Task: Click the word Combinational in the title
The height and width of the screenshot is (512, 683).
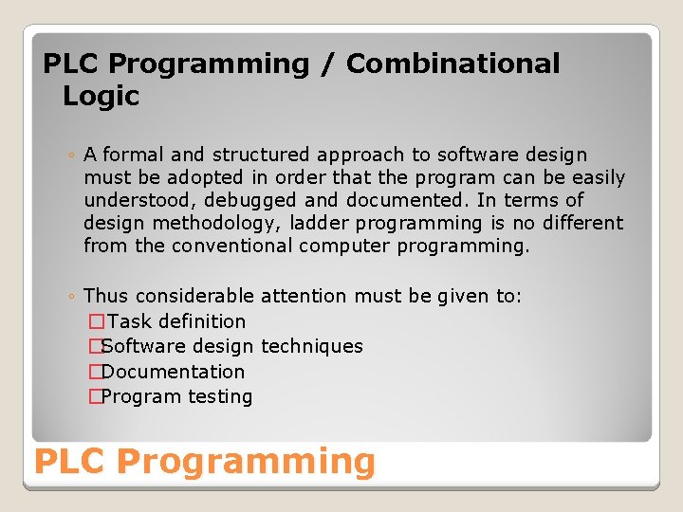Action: [x=452, y=64]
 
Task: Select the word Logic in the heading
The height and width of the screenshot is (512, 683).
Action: [x=101, y=96]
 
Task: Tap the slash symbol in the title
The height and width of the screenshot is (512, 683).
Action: [x=327, y=64]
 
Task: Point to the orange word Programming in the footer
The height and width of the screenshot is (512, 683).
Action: [x=247, y=462]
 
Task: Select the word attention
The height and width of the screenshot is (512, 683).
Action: [x=304, y=297]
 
